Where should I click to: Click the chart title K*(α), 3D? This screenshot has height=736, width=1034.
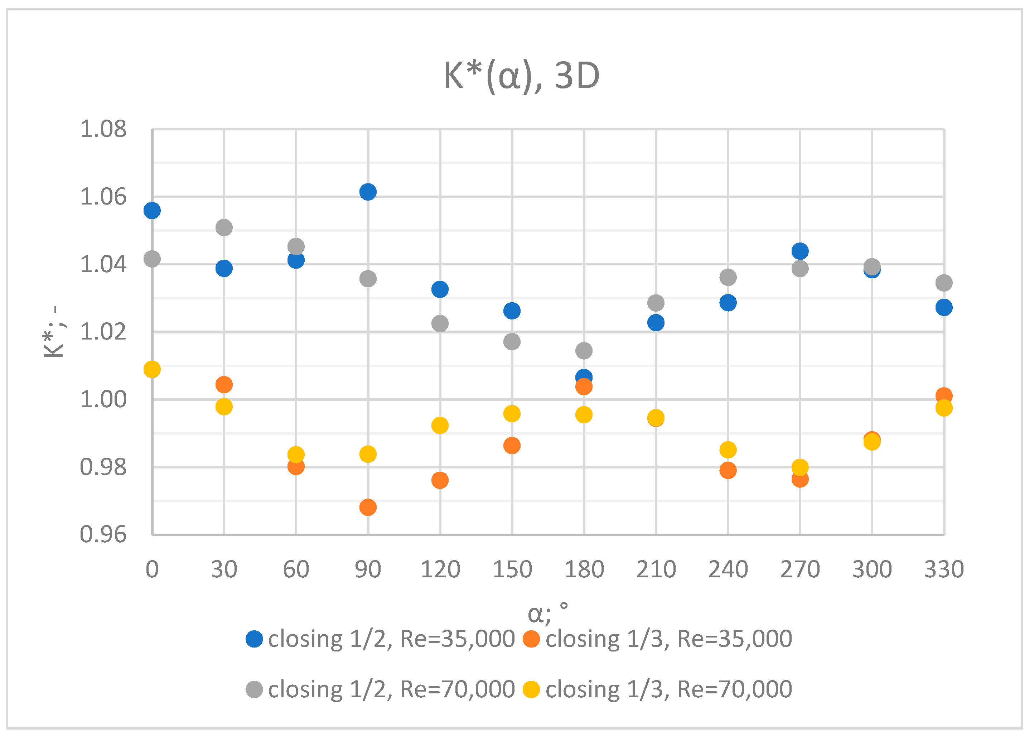coord(522,76)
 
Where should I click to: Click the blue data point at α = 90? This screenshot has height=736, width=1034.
coord(368,192)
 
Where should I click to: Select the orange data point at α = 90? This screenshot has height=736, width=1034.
coord(368,507)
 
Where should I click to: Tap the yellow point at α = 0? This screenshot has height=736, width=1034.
coord(152,369)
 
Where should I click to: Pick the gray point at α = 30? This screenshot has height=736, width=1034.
coord(224,227)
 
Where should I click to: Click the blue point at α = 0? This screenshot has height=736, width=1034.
coord(152,210)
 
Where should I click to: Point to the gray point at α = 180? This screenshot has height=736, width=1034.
coord(584,350)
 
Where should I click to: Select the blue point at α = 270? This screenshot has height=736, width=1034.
coord(800,251)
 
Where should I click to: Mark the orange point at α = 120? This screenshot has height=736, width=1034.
coord(440,480)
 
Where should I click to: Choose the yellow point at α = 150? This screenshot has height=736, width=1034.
coord(512,413)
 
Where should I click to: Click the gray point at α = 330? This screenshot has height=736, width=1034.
coord(944,283)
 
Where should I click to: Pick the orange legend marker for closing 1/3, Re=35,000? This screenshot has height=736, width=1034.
coord(531,639)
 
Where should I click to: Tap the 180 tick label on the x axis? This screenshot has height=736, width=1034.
coord(584,570)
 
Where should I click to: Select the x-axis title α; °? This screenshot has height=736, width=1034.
coord(548,613)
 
